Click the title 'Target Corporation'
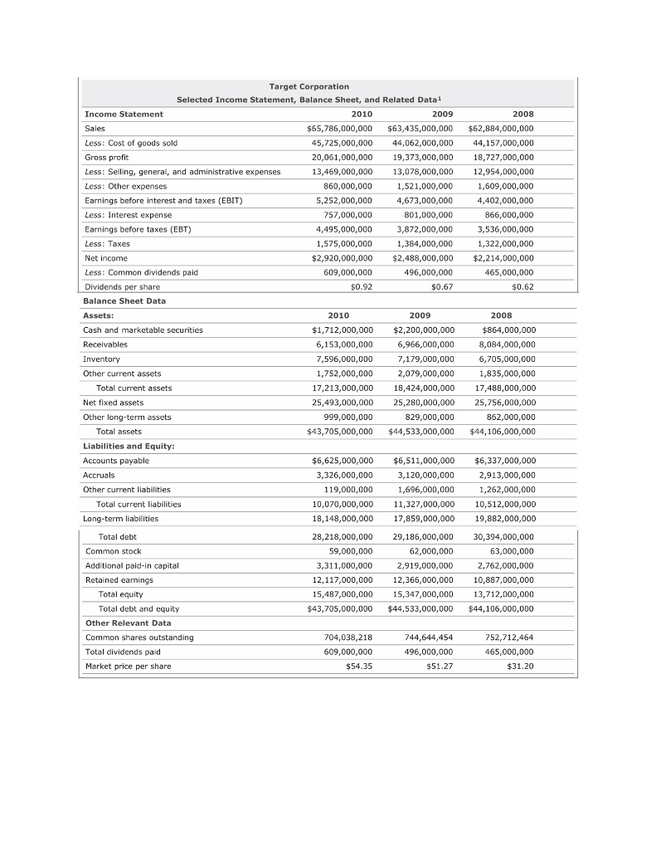click(309, 86)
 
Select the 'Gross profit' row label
click(107, 157)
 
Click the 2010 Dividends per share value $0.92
click(357, 286)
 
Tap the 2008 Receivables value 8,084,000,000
click(507, 344)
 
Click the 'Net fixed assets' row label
click(113, 402)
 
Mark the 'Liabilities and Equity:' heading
click(128, 446)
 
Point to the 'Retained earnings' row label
click(119, 579)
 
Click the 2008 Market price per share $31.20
click(520, 666)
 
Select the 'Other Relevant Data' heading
click(129, 623)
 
